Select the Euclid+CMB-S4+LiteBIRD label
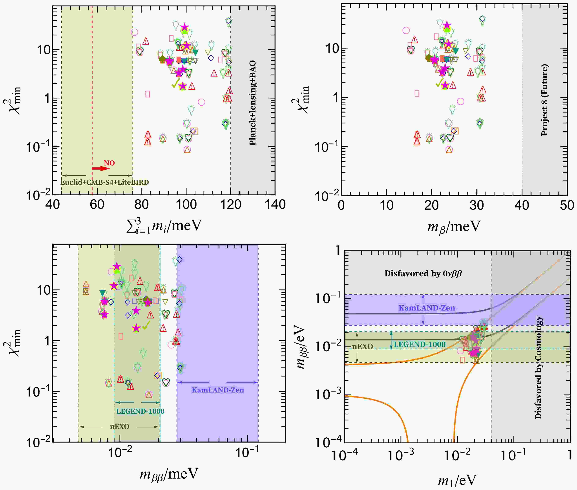point(105,182)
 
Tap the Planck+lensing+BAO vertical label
point(252,103)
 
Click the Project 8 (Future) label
point(545,100)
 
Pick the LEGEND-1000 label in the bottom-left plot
point(140,411)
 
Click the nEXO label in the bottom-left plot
point(120,426)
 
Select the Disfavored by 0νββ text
point(423,274)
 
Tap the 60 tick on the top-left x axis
point(97,205)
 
